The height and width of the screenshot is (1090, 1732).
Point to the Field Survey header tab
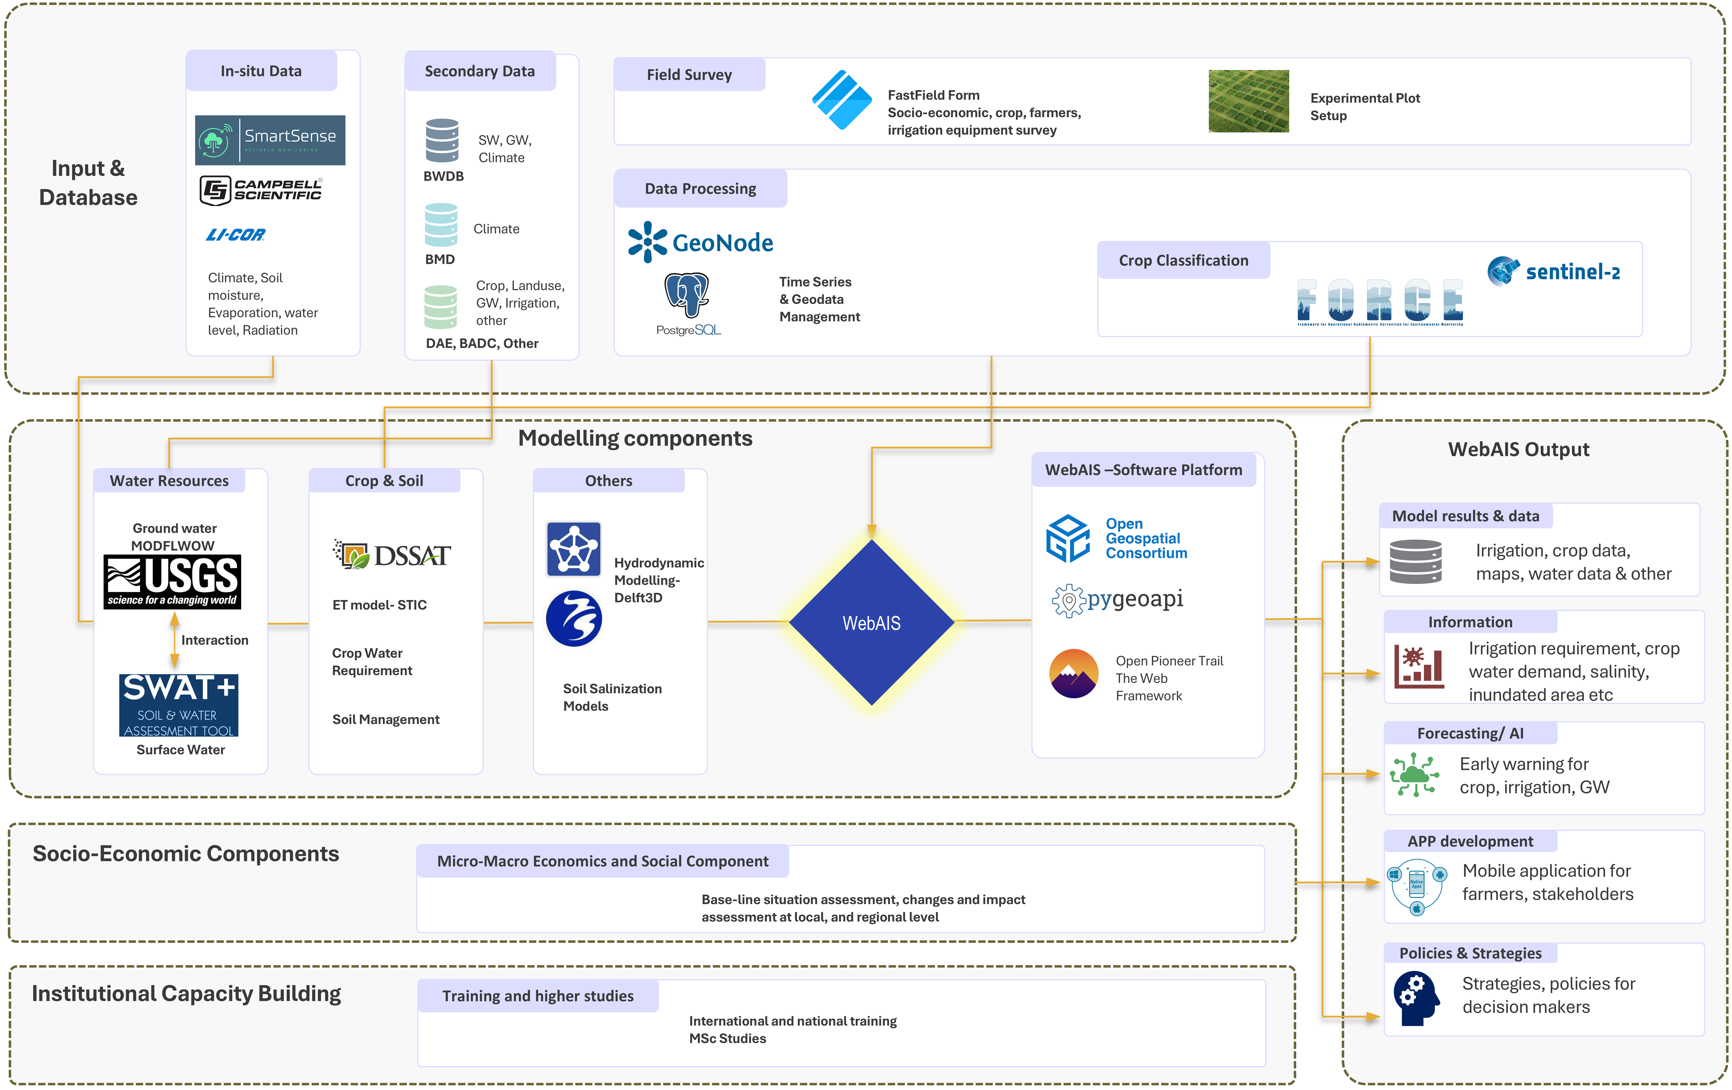coord(689,75)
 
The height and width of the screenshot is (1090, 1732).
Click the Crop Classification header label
coord(1183,260)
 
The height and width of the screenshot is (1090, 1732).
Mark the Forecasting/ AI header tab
coord(1470,733)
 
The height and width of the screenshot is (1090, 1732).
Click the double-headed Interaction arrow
coord(174,640)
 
